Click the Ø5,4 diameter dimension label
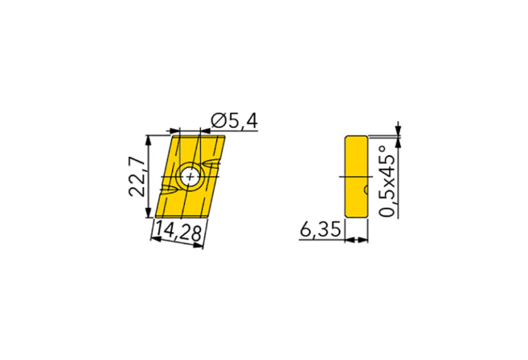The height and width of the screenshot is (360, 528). (x=234, y=121)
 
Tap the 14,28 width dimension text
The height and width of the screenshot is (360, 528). (x=178, y=232)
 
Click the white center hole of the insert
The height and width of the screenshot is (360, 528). (x=191, y=176)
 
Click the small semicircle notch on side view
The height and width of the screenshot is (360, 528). (x=366, y=189)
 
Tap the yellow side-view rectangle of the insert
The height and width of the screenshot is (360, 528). (x=355, y=176)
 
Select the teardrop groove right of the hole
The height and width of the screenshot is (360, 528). (x=214, y=163)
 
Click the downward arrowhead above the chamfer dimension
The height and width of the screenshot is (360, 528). (x=397, y=130)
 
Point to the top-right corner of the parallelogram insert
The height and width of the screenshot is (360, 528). (x=224, y=136)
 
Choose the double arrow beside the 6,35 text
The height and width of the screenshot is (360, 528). (x=356, y=240)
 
